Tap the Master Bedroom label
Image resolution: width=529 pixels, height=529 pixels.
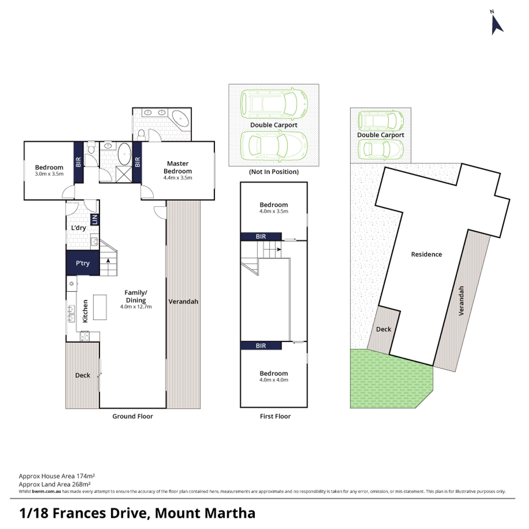178,167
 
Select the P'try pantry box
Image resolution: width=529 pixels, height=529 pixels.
83,263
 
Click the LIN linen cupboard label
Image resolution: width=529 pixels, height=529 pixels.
95,219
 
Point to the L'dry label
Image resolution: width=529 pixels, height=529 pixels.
79,228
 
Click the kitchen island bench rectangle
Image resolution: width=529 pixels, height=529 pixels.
100,307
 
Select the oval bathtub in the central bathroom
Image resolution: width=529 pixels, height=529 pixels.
125,154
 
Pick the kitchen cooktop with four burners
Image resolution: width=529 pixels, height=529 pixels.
85,336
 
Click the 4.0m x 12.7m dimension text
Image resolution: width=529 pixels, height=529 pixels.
136,307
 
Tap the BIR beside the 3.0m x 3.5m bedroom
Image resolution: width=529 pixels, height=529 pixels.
78,162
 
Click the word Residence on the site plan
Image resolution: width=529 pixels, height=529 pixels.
426,254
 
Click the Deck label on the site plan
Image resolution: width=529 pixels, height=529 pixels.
384,329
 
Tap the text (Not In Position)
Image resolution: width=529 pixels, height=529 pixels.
274,172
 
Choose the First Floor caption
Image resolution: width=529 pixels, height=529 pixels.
275,416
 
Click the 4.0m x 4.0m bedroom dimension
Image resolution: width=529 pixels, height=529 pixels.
274,380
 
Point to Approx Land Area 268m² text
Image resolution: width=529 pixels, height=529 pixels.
55,484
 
